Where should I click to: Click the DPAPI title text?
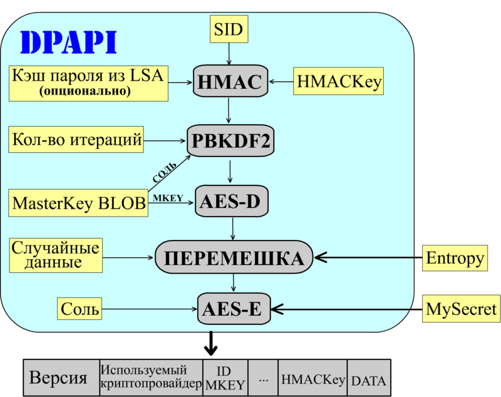point(69,42)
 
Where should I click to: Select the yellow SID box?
point(227,29)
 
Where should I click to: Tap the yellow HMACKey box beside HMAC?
point(339,82)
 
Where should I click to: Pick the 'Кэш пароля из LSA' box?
point(88,83)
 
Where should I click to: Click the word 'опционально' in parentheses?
point(85,91)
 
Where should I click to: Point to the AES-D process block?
point(232,201)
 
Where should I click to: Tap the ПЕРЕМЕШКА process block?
point(234,257)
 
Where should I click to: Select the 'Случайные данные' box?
point(56,255)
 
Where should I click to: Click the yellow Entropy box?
point(455,257)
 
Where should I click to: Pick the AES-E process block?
point(231,307)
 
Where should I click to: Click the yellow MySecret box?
point(461,309)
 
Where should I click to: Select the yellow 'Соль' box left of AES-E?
point(80,308)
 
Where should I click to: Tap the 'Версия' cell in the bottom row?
point(61,378)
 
